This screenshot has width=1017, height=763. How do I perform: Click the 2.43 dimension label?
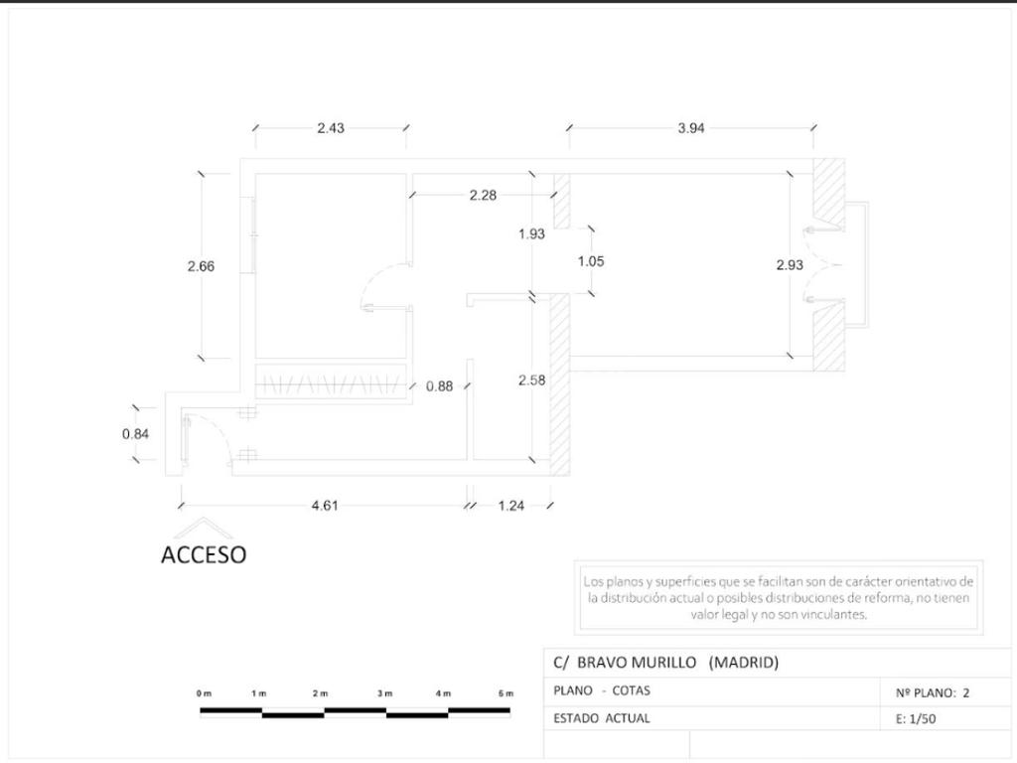pos(331,128)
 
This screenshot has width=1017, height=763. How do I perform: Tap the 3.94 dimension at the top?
pos(691,128)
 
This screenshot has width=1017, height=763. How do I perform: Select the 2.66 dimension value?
pos(201,266)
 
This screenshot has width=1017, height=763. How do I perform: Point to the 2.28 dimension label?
pos(484,195)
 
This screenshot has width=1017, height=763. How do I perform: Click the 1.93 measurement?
pos(532,233)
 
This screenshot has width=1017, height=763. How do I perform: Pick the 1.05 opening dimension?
pos(591,261)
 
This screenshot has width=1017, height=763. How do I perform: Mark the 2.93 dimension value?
pos(790,264)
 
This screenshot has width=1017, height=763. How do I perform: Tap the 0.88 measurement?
pos(440,386)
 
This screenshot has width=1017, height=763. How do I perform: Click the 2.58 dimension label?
pos(532,381)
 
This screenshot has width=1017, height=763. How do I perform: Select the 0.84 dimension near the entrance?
pos(135,433)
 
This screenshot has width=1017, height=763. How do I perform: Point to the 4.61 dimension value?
pos(325,506)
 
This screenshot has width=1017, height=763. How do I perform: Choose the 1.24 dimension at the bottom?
pos(511,506)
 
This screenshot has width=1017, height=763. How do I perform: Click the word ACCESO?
pos(204,554)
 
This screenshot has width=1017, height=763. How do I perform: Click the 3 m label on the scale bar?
pos(384,693)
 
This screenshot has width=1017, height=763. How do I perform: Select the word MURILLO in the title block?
pos(663,663)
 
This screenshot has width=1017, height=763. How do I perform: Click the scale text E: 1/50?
pos(916,719)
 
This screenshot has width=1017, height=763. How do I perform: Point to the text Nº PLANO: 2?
pos(933,692)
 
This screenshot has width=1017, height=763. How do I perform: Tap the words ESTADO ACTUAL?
pos(601,718)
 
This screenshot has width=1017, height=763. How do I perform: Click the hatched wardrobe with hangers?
pos(331,384)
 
